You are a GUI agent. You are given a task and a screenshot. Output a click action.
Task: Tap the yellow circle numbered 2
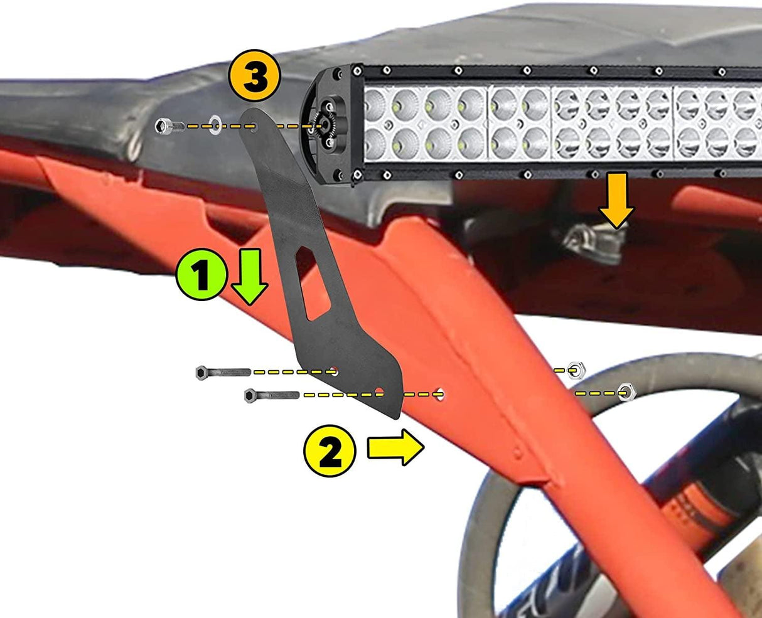coord(330,451)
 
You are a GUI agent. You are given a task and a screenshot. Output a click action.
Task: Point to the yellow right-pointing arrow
coord(396,448)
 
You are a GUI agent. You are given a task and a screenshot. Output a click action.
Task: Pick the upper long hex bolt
coord(223,372)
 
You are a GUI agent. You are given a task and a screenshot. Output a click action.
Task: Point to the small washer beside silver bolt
coord(215,125)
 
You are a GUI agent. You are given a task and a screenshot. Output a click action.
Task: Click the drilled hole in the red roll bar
coord(441,395)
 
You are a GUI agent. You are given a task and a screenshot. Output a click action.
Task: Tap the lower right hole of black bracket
coord(378,392)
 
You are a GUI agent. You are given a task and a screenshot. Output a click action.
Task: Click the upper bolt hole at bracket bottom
coord(335,371)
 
